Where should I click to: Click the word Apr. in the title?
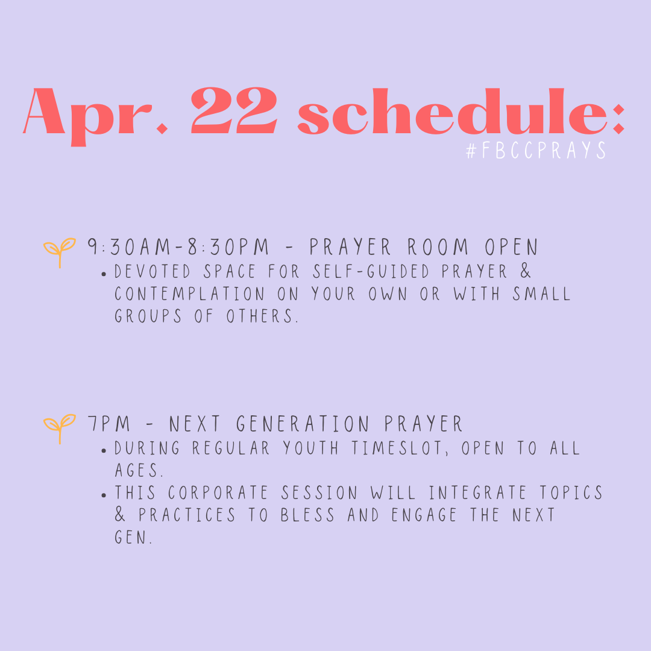[x=95, y=114]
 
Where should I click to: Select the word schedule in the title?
[x=453, y=112]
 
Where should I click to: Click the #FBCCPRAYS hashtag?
[x=536, y=150]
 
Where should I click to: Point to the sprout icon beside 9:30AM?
[x=60, y=251]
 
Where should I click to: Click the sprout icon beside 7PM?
[x=60, y=427]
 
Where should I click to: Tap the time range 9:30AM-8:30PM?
[x=178, y=247]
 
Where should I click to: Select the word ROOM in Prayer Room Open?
[x=438, y=247]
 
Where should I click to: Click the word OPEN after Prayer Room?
[x=512, y=247]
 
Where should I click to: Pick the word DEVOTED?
[x=153, y=271]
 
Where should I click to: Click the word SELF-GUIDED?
[x=371, y=271]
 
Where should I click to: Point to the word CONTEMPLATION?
[x=189, y=294]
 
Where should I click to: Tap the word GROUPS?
[x=148, y=316]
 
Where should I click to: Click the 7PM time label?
[x=109, y=424]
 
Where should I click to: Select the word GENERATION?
[x=303, y=424]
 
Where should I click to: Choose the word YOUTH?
[x=311, y=448]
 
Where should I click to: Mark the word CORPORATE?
[x=218, y=493]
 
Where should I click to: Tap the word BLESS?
[x=307, y=515]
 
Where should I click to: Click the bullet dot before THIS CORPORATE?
[x=104, y=495]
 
